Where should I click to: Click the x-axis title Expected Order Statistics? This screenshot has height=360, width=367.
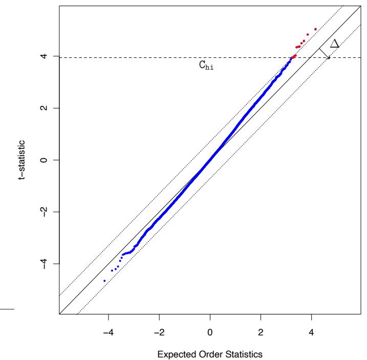[210, 354]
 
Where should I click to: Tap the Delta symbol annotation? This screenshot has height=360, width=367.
[335, 44]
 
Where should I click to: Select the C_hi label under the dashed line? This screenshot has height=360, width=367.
[206, 66]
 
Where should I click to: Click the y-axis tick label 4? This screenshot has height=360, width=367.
[46, 56]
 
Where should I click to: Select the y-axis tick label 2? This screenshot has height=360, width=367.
[46, 108]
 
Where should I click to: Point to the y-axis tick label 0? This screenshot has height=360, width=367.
[46, 160]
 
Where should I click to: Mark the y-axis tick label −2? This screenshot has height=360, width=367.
[46, 211]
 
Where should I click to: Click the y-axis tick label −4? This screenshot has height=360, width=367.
[46, 263]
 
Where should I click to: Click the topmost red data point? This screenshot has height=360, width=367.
[315, 29]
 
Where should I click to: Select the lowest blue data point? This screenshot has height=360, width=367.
[104, 281]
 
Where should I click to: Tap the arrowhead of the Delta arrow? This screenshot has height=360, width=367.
[329, 58]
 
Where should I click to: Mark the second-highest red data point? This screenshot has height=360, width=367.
[308, 35]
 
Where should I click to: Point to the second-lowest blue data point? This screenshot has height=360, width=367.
[112, 270]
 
